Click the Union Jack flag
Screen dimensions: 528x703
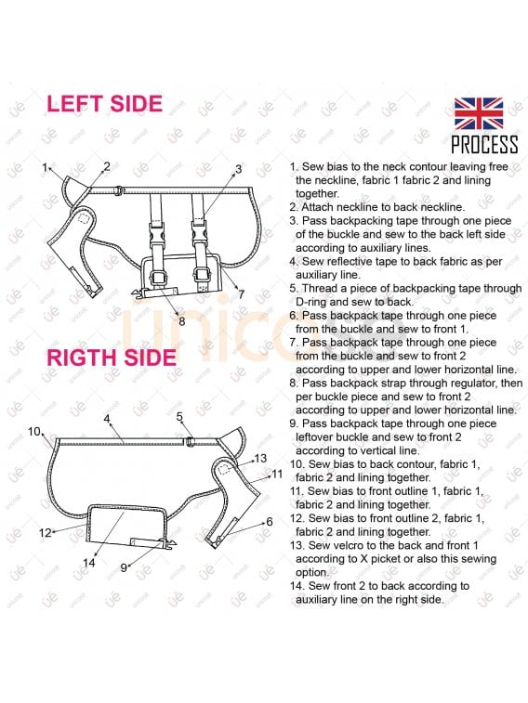click(479, 114)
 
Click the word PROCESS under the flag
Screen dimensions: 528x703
click(484, 145)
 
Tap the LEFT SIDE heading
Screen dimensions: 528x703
click(104, 104)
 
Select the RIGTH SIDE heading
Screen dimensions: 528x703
click(112, 358)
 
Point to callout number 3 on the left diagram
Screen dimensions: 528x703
click(238, 169)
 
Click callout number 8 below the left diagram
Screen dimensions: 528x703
click(181, 321)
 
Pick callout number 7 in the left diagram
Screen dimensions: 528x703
click(242, 294)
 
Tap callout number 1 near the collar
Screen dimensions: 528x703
click(45, 168)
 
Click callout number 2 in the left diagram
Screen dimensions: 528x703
click(106, 166)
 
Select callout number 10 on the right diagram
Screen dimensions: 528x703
click(34, 431)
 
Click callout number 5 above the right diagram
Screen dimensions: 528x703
click(179, 417)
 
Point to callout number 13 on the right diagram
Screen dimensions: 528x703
click(260, 458)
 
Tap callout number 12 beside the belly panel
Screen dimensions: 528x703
click(46, 533)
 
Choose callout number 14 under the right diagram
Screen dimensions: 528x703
click(89, 562)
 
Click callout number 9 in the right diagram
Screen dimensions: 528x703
click(124, 567)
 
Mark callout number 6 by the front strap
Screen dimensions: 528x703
click(270, 521)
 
